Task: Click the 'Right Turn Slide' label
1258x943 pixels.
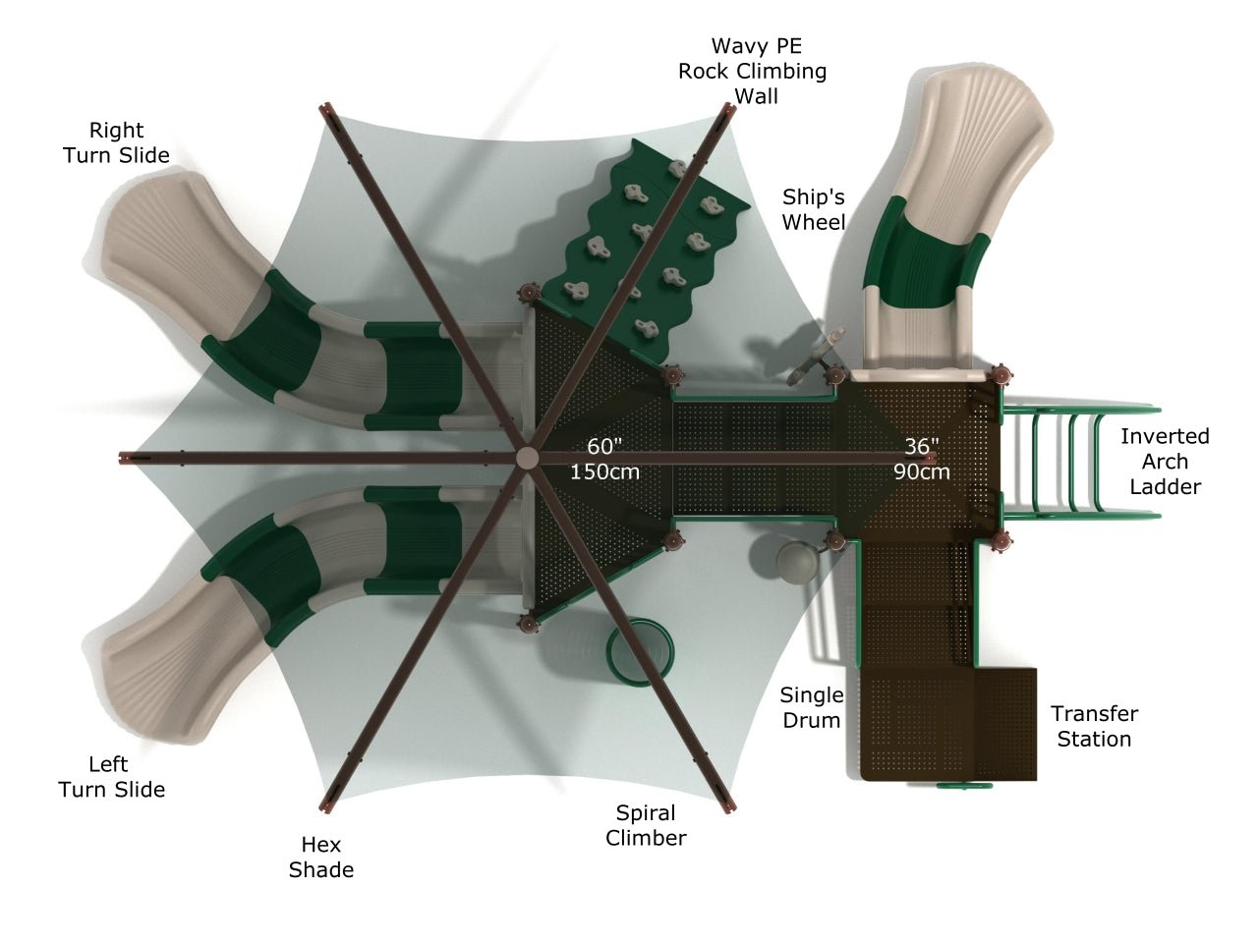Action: point(116,142)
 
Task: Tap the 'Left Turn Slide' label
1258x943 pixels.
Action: point(111,776)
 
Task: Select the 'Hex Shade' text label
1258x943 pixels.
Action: point(320,857)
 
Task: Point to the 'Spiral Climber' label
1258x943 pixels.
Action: point(646,825)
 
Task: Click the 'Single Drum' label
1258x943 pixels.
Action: point(811,707)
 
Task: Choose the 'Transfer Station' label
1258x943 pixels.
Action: point(1094,726)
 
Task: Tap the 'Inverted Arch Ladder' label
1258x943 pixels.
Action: point(1165,461)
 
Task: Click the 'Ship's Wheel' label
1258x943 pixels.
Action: point(813,209)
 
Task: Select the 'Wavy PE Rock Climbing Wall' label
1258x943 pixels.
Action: point(754,71)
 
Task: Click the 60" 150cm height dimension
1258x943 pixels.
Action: point(604,459)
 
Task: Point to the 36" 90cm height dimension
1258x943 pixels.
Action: point(921,459)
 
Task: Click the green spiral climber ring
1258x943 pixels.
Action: point(641,649)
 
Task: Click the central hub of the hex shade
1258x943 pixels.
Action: point(528,459)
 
